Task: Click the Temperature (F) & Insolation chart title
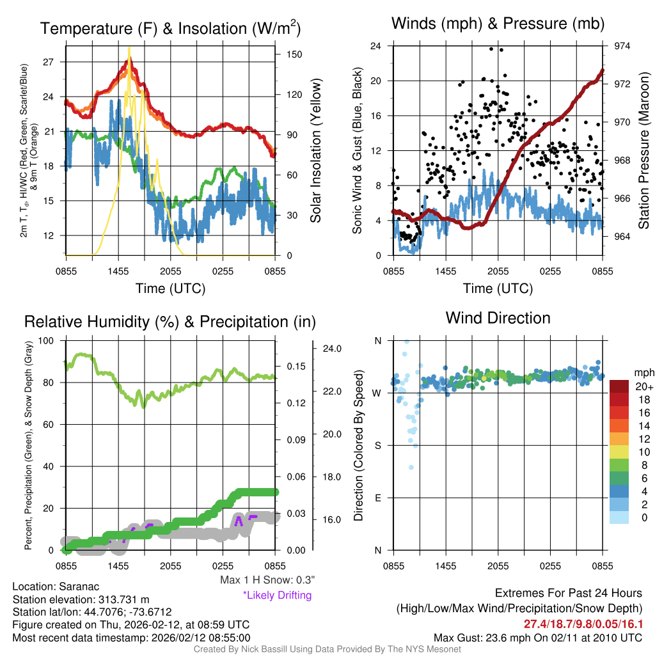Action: pyautogui.click(x=170, y=29)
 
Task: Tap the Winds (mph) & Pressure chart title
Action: pyautogui.click(x=498, y=24)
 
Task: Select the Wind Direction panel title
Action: pyautogui.click(x=498, y=318)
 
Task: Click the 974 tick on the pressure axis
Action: pyautogui.click(x=622, y=46)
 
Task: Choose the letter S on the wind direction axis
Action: pyautogui.click(x=377, y=445)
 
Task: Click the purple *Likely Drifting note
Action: pyautogui.click(x=277, y=596)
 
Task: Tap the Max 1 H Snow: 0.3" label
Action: pyautogui.click(x=267, y=580)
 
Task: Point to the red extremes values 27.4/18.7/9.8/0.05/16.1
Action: pyautogui.click(x=583, y=623)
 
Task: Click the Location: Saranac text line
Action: pyautogui.click(x=56, y=587)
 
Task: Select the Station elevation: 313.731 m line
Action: pyautogui.click(x=81, y=599)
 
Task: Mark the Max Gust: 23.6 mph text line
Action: pyautogui.click(x=537, y=637)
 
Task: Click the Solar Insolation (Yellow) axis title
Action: pyautogui.click(x=316, y=151)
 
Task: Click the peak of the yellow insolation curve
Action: pyautogui.click(x=129, y=48)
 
